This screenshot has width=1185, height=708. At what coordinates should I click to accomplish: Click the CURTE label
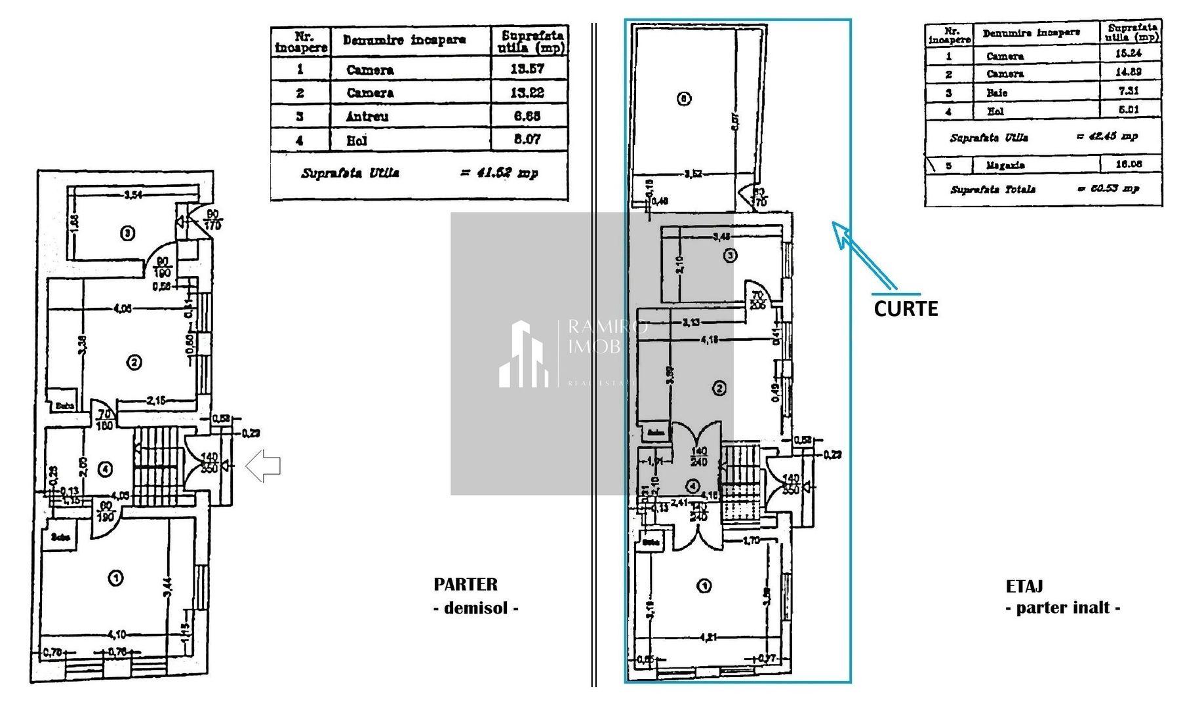click(x=906, y=308)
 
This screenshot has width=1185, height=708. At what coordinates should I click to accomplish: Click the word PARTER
click(x=465, y=584)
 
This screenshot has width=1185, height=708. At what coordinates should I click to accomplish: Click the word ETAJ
click(x=1024, y=586)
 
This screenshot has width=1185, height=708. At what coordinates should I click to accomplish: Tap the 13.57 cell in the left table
click(x=527, y=69)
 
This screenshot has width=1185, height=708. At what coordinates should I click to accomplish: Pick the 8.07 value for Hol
click(x=527, y=139)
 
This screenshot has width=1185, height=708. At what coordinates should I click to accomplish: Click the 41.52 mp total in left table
click(x=498, y=173)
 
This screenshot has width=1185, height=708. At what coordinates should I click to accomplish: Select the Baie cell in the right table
click(x=997, y=93)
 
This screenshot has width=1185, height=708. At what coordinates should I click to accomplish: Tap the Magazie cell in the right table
click(x=1005, y=165)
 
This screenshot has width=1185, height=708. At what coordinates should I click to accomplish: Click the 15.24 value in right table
click(x=1128, y=54)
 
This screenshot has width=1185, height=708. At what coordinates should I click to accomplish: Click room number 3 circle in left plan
click(x=129, y=233)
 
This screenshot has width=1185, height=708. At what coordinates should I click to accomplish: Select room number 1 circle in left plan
click(x=115, y=578)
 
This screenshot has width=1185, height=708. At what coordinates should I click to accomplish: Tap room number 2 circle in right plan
click(x=719, y=388)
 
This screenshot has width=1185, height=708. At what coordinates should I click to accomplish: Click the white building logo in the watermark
click(x=523, y=354)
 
